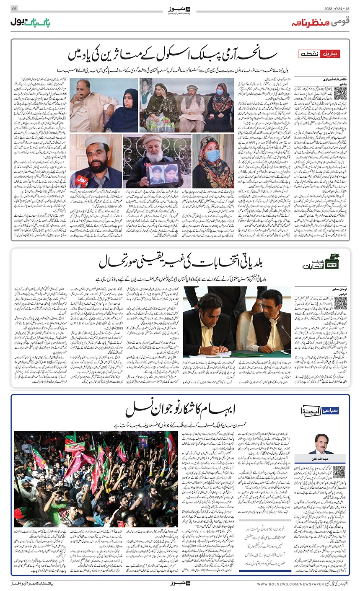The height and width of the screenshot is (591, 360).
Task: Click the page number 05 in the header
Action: [14, 9]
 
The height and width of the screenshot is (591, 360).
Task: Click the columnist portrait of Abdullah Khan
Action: [321, 444]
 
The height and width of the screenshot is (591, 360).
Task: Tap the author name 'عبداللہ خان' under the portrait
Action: [321, 458]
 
